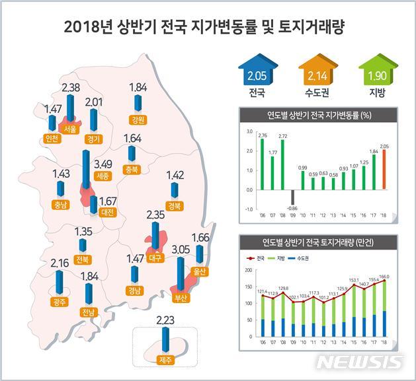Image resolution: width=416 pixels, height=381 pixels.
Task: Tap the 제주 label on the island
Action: click(x=165, y=360)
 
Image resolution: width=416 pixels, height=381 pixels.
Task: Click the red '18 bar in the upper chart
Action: click(x=384, y=170)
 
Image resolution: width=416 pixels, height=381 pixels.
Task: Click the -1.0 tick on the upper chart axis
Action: click(x=248, y=209)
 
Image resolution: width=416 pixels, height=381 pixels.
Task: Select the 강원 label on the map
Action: click(x=138, y=120)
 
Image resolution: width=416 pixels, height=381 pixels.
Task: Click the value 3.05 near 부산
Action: click(x=181, y=250)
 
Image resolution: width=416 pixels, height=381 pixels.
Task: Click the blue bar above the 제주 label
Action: click(x=165, y=339)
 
